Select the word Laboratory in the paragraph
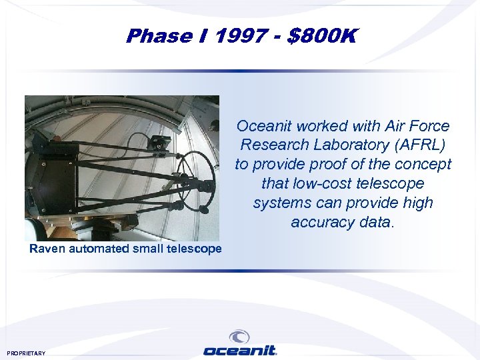pyautogui.click(x=347, y=145)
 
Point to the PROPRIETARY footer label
pyautogui.click(x=26, y=353)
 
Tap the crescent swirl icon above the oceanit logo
pyautogui.click(x=239, y=337)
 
